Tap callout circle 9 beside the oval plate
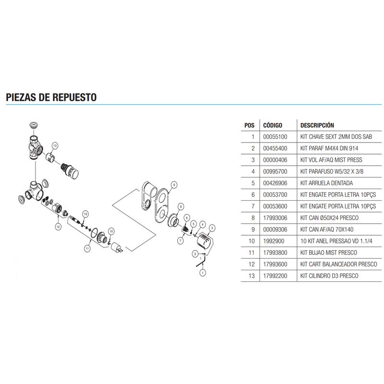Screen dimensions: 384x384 [x=174, y=184]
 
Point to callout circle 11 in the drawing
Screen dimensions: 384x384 [x=87, y=248]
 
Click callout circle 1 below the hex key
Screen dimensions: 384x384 [x=202, y=272]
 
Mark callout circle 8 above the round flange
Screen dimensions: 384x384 [x=181, y=206]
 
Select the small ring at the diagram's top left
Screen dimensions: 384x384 [x=34, y=125]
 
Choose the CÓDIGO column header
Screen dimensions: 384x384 [x=273, y=125]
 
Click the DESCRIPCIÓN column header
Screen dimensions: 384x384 [x=317, y=125]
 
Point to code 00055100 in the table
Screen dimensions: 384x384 [x=275, y=137]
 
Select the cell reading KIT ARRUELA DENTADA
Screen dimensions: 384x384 [x=326, y=183]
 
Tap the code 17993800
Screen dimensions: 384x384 [x=275, y=252]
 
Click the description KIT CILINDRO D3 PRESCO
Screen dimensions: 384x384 [x=329, y=276]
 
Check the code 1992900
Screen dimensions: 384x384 [x=274, y=241]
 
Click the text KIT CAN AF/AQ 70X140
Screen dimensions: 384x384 [x=327, y=229]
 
